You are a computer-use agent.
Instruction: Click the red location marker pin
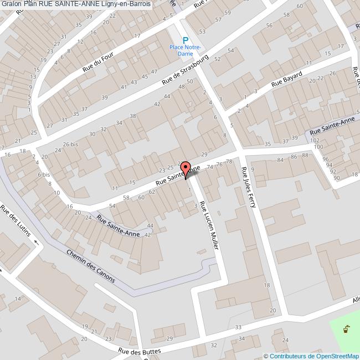pyautogui.click(x=186, y=169)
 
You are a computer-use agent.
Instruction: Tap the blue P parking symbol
pyautogui.click(x=186, y=40)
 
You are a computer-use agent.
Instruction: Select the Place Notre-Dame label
pyautogui.click(x=185, y=50)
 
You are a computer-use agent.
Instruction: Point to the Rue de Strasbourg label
pyautogui.click(x=185, y=70)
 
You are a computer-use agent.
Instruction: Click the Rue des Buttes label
pyautogui.click(x=140, y=351)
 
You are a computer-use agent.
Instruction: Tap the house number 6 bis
pyautogui.click(x=44, y=174)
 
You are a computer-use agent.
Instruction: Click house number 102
pyautogui.click(x=316, y=141)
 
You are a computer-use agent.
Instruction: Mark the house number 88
pyautogui.click(x=305, y=156)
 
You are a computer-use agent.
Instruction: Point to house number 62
pyautogui.click(x=152, y=192)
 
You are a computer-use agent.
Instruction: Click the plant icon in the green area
pyautogui.click(x=346, y=329)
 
